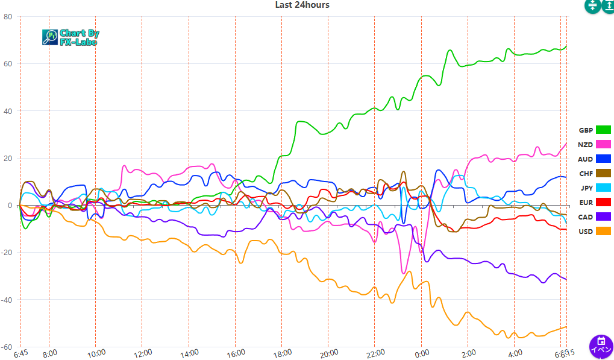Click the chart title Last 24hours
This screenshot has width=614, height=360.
[x=302, y=5]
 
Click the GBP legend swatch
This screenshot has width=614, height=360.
[x=603, y=130]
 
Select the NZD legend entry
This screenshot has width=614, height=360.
[x=594, y=145]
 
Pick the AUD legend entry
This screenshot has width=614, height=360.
[x=594, y=159]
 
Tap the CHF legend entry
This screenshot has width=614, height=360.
[x=594, y=174]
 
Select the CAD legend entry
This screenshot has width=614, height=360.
[x=594, y=217]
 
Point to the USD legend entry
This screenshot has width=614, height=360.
[x=594, y=232]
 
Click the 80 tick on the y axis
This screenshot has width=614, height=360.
[x=8, y=16]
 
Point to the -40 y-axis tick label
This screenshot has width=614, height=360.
[x=7, y=300]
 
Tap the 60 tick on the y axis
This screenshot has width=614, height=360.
[x=8, y=64]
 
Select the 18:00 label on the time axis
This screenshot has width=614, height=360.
[x=281, y=353]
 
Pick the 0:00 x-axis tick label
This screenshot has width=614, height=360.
[x=421, y=353]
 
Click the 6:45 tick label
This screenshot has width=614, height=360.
[x=22, y=353]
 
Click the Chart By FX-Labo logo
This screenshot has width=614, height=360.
[x=70, y=37]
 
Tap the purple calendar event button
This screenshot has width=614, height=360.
[x=601, y=347]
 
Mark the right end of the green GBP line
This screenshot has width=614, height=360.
[x=566, y=46]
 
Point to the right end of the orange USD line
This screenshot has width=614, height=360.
[x=566, y=327]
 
